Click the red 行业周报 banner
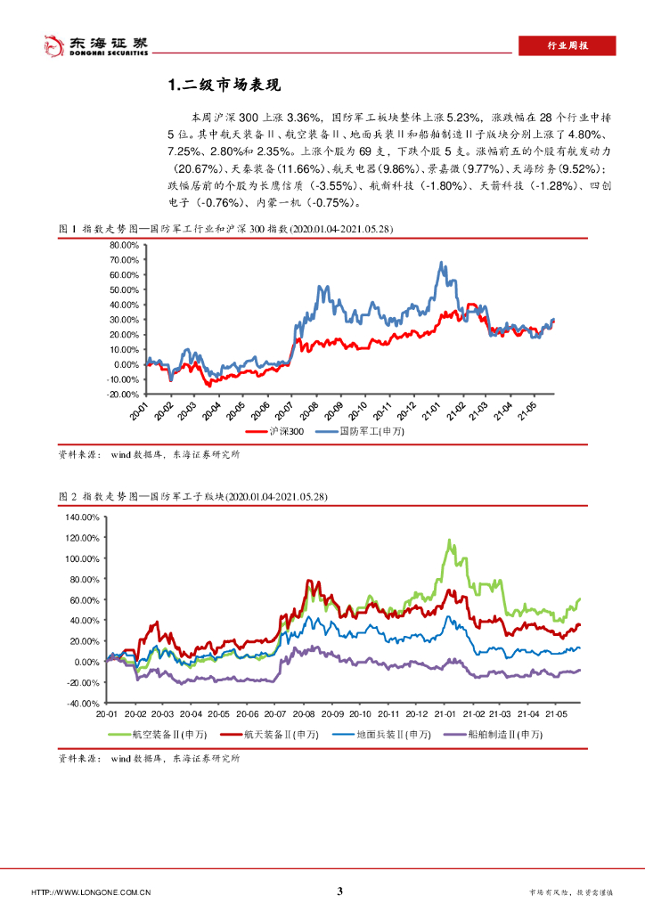pyautogui.click(x=567, y=47)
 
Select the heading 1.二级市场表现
pyautogui.click(x=224, y=85)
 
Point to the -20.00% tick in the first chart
pyautogui.click(x=123, y=394)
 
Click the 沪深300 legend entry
pyautogui.click(x=285, y=431)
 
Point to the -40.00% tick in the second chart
pyautogui.click(x=86, y=703)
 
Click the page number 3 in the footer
pyautogui.click(x=339, y=891)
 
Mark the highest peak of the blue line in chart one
pyautogui.click(x=441, y=263)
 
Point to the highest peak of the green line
pyautogui.click(x=450, y=540)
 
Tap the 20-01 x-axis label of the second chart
pyautogui.click(x=108, y=714)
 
